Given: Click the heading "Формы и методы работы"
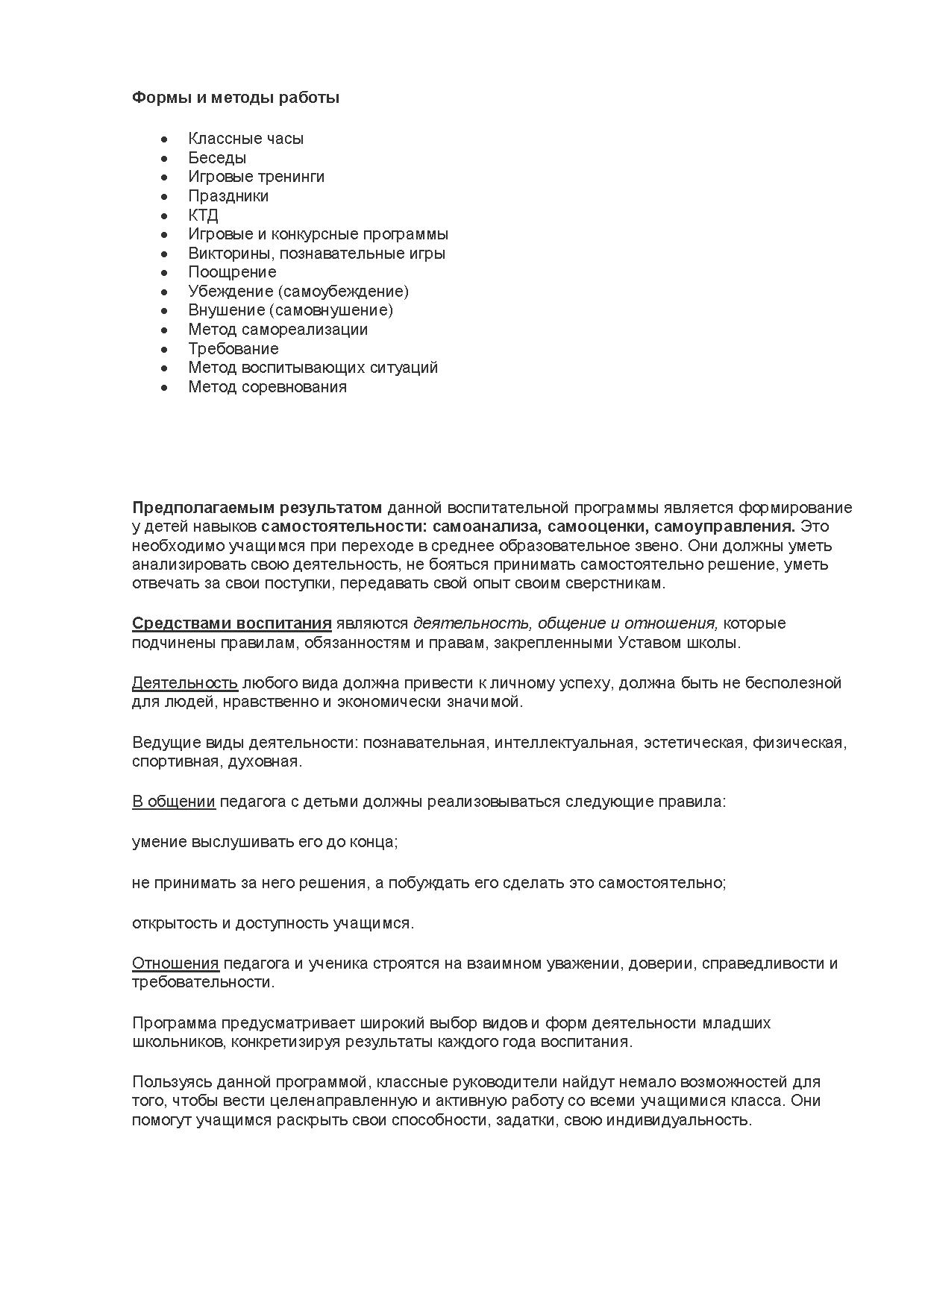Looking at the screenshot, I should point(236,98).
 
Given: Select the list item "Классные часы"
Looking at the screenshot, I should point(245,139).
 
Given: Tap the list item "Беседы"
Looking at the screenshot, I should point(217,158).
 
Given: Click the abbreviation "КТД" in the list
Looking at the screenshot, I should point(203,216).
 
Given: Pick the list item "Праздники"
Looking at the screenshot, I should point(228,196).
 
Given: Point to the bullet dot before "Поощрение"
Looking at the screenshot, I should point(164,273).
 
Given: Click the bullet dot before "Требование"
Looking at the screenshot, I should point(164,349).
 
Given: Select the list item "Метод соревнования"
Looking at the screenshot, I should point(267,387).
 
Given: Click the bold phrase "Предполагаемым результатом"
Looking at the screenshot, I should point(257,508).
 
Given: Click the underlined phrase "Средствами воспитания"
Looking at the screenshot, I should point(231,623).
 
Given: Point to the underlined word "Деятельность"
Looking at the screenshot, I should point(185,683).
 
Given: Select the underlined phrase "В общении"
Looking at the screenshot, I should point(174,802).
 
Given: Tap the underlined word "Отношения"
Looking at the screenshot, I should point(175,963).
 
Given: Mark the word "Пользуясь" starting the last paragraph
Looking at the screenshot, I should point(168,1082).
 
